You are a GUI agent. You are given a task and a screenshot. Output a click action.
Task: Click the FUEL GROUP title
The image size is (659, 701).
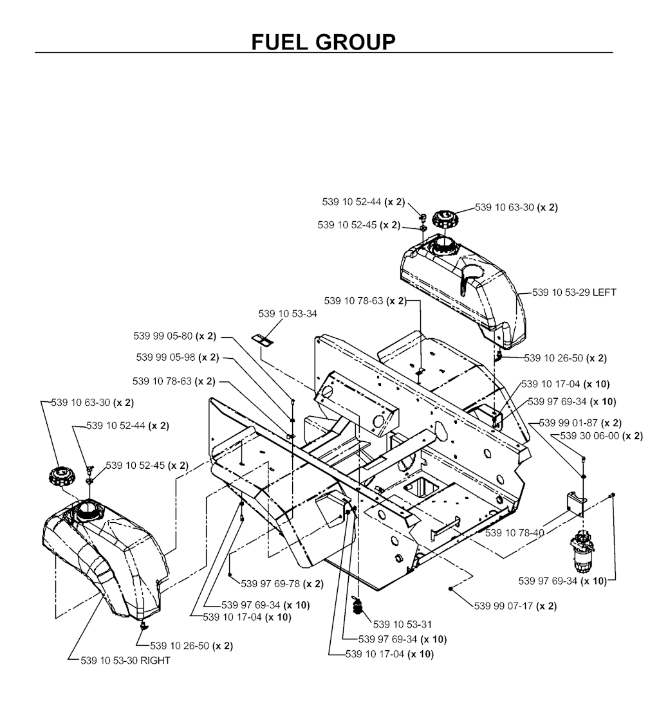pyautogui.click(x=324, y=42)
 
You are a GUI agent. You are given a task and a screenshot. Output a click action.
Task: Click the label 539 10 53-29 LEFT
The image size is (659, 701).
pyautogui.click(x=574, y=292)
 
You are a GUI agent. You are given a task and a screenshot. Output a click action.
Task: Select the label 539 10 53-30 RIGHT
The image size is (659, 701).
pyautogui.click(x=125, y=660)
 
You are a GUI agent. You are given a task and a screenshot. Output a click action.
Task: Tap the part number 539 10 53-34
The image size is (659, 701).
pyautogui.click(x=288, y=314)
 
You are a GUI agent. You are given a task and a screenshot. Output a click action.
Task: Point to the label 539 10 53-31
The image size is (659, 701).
pyautogui.click(x=402, y=624)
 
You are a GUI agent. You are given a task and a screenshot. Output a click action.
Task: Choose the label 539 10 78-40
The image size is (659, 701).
pyautogui.click(x=514, y=533)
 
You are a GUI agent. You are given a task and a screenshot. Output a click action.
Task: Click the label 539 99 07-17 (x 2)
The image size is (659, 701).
pyautogui.click(x=515, y=606)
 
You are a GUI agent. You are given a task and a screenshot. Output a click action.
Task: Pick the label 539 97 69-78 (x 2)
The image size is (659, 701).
pyautogui.click(x=282, y=584)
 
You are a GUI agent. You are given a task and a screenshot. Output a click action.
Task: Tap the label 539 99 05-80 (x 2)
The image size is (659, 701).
pyautogui.click(x=175, y=335)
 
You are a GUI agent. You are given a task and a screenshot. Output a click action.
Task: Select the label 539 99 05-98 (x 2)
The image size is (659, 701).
pyautogui.click(x=178, y=358)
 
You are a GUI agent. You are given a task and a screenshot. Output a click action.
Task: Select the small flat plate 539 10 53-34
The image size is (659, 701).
pyautogui.click(x=261, y=338)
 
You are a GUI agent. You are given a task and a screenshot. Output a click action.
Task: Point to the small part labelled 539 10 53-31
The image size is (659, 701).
pyautogui.click(x=358, y=605)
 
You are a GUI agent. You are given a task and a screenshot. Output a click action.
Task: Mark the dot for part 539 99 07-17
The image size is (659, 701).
pyautogui.click(x=451, y=588)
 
